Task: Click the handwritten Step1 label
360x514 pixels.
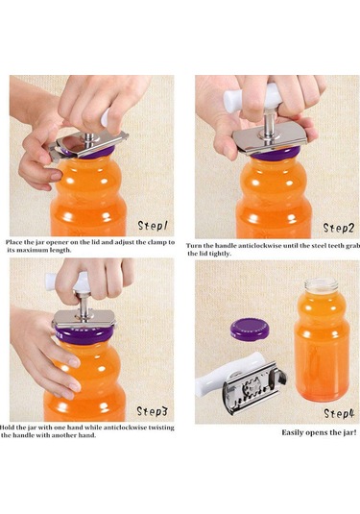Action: pos(153,226)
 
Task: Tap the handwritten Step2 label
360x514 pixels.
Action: pos(339,228)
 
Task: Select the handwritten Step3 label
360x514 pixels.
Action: pos(152,411)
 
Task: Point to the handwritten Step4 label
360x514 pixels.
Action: pos(339,413)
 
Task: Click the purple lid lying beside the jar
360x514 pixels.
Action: pos(250,330)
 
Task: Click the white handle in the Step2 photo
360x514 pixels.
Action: pos(252,95)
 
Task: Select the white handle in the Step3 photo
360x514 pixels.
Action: pos(67,281)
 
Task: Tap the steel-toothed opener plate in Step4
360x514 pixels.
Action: pos(253,387)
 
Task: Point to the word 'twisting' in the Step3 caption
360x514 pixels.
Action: pos(161,428)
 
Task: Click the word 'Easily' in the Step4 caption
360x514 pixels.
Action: pos(293,432)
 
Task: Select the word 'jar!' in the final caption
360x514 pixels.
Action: pos(349,432)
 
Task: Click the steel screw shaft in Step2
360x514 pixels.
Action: pos(269,123)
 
